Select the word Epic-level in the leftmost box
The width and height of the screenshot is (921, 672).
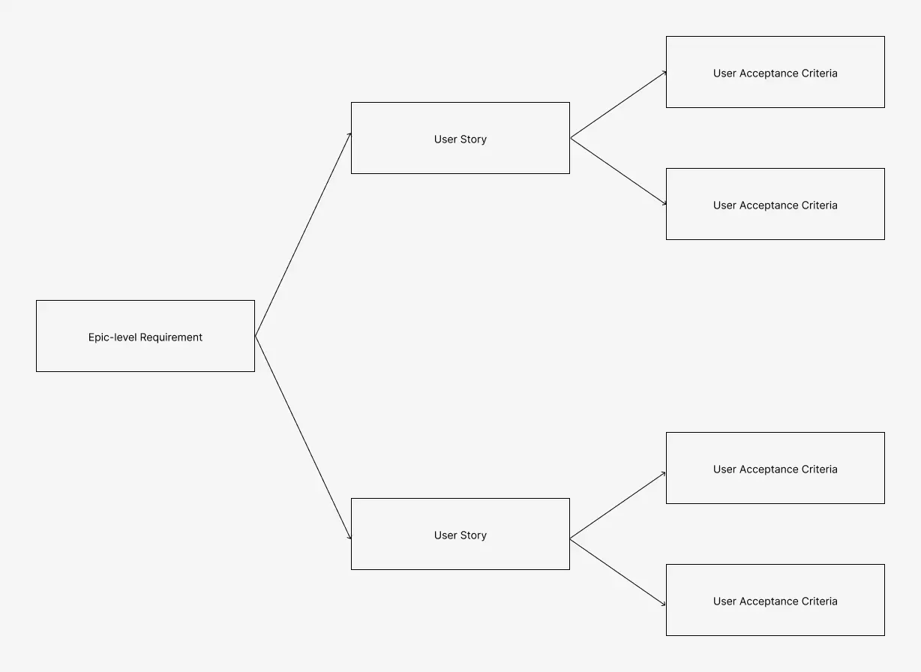coord(112,337)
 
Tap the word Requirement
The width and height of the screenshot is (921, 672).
coord(171,337)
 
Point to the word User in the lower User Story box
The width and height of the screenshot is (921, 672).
coord(445,535)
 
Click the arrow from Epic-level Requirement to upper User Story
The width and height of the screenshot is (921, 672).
coord(303,235)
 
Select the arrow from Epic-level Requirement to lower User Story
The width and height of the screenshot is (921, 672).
coord(303,437)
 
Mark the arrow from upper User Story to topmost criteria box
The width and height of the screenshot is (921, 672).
coord(618,105)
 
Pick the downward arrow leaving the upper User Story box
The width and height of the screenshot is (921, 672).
coord(618,172)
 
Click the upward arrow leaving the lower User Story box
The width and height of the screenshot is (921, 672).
coord(618,505)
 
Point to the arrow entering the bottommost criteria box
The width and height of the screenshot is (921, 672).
coord(618,572)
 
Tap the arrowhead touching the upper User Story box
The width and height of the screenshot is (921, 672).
coord(349,136)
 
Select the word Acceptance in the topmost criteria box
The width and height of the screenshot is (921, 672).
coord(766,73)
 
